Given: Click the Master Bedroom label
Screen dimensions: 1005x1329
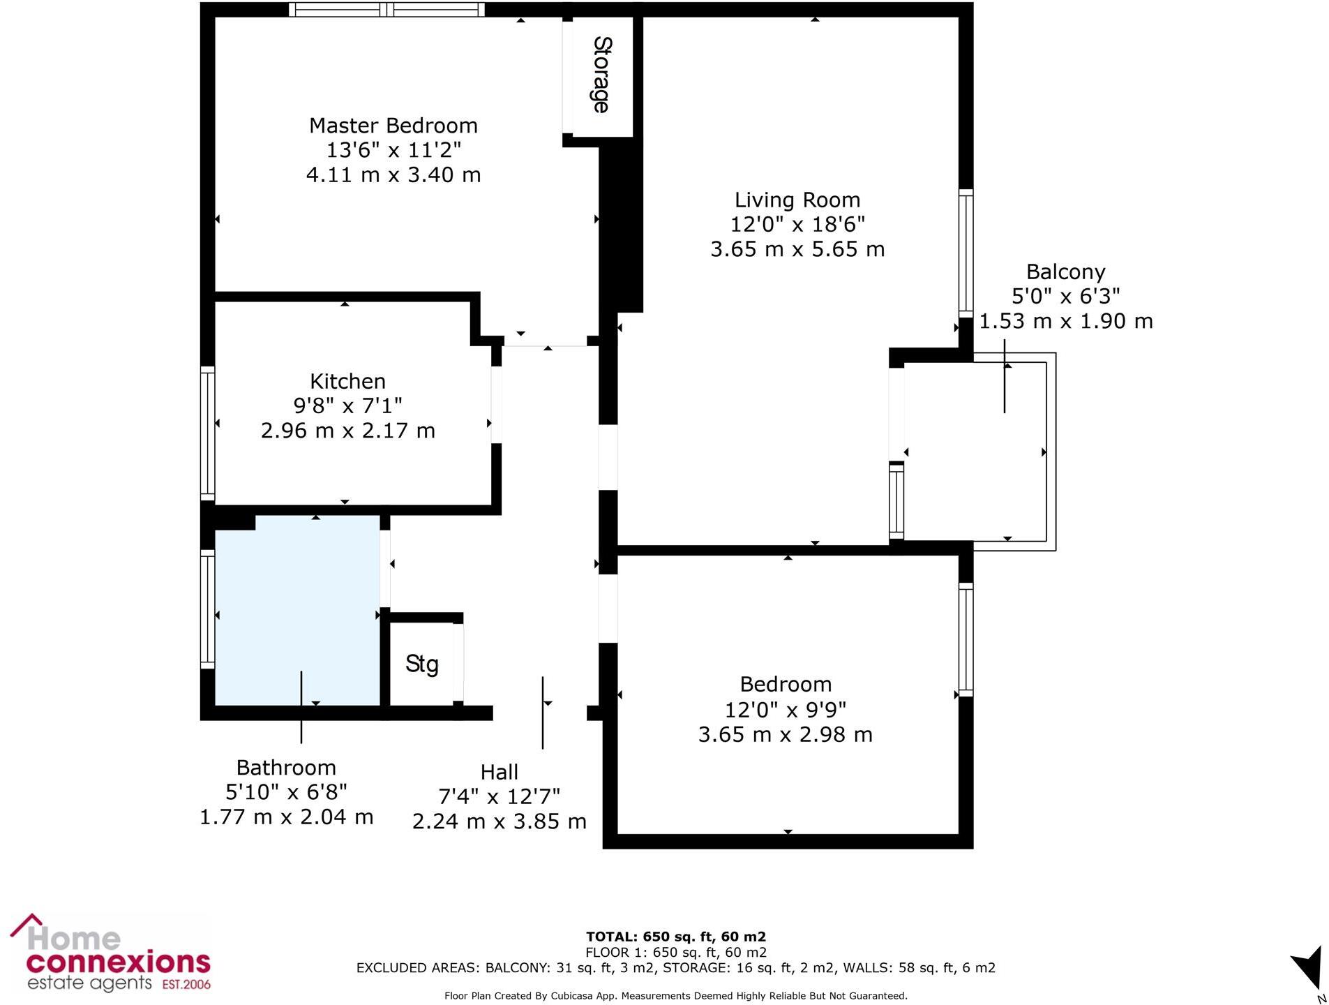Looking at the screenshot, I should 393,126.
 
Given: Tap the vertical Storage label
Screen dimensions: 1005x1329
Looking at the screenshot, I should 601,75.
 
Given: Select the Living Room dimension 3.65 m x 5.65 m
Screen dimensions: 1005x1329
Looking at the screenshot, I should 797,249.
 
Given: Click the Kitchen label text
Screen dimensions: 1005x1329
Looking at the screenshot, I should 347,381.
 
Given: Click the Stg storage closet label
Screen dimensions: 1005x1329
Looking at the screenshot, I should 421,664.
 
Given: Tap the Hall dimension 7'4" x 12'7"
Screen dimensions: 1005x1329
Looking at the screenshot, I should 499,796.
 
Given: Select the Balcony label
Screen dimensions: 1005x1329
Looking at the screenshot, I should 1065,271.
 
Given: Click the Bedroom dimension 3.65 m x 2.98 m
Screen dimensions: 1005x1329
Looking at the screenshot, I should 785,734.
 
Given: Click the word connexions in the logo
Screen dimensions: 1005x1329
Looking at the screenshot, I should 118,962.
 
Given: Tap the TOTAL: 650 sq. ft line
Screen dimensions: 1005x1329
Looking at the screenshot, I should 675,937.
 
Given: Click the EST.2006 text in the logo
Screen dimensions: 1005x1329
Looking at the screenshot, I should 186,985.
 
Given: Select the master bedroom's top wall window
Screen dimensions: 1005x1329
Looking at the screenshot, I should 386,9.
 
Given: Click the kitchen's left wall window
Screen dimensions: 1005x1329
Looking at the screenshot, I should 207,433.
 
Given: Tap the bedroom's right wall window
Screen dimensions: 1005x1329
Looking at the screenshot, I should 966,639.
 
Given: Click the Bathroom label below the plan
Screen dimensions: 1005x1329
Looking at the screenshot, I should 286,768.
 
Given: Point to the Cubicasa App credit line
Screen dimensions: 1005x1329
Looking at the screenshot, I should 675,996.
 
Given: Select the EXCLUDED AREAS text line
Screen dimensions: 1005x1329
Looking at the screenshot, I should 675,967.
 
